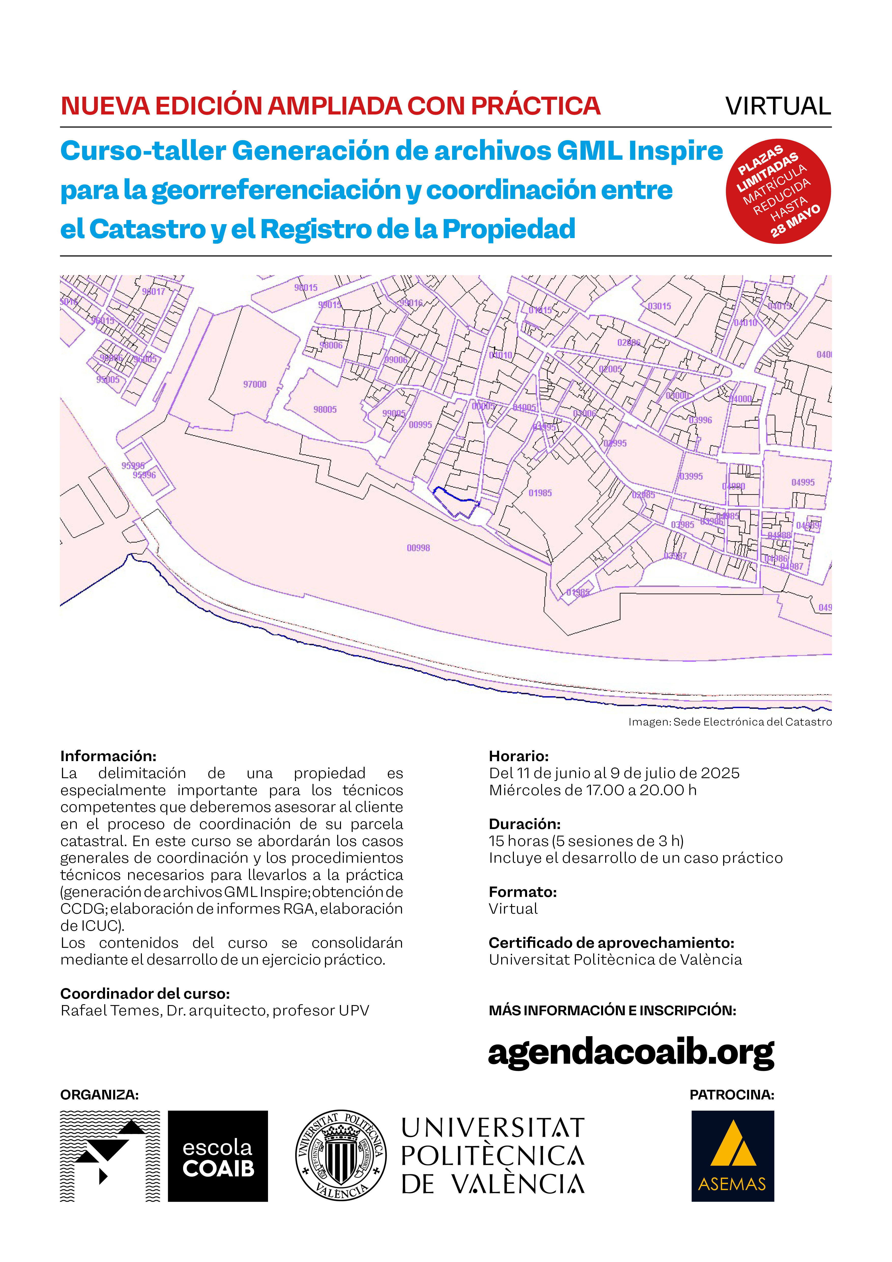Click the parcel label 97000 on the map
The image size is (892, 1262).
tap(255, 384)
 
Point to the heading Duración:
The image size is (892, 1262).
tap(525, 824)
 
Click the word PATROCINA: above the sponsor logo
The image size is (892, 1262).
tap(732, 1094)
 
